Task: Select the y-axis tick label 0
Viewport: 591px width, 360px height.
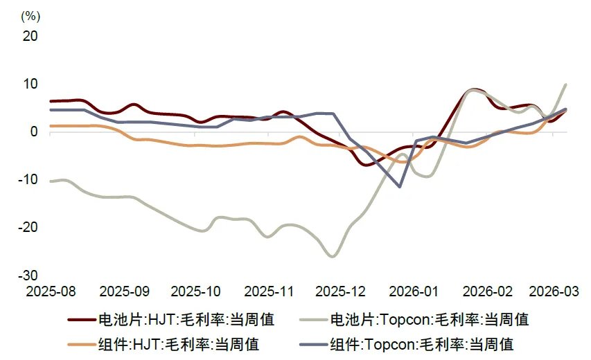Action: (x=33, y=132)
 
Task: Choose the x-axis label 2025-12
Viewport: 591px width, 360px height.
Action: (x=340, y=291)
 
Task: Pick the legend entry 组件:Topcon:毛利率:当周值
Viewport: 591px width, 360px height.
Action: (x=422, y=343)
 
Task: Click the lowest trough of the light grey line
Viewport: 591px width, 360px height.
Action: (x=333, y=257)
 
